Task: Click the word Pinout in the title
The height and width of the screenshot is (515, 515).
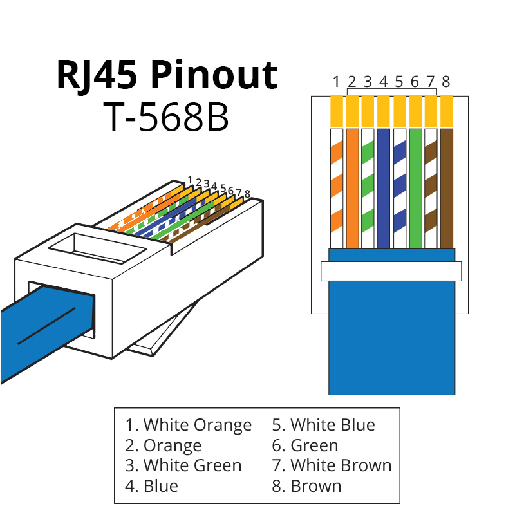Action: (214, 76)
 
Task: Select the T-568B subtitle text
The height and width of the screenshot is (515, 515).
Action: (166, 117)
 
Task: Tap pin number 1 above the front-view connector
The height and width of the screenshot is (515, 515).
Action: (336, 82)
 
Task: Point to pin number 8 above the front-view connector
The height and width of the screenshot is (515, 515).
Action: (445, 82)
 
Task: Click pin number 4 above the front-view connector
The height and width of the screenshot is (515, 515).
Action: (383, 82)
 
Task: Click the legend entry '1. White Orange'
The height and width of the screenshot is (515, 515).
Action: (188, 425)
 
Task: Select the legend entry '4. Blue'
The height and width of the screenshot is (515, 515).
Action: (151, 485)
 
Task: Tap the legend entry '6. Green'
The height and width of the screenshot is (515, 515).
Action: (304, 445)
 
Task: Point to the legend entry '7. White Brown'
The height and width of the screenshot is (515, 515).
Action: (332, 465)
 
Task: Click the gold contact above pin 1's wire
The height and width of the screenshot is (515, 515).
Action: (336, 111)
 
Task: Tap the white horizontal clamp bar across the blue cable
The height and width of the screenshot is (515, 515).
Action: (391, 271)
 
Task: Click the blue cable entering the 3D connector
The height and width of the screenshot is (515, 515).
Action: (39, 325)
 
